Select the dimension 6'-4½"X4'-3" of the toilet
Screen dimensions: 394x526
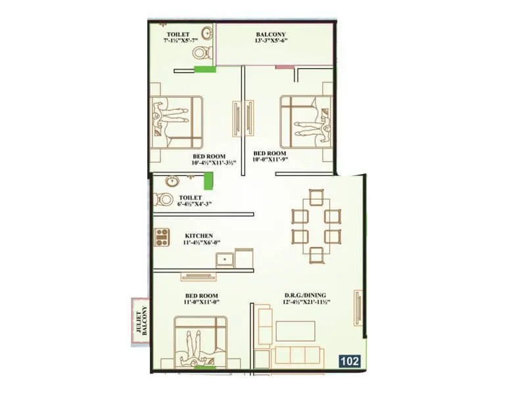coord(195,204)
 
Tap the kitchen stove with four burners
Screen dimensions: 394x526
coord(162,236)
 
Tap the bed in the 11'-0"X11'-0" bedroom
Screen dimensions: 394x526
coord(201,342)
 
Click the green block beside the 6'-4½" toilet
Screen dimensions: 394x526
coord(208,181)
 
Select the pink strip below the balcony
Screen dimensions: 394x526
coord(283,66)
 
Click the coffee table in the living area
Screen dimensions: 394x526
coord(297,330)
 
